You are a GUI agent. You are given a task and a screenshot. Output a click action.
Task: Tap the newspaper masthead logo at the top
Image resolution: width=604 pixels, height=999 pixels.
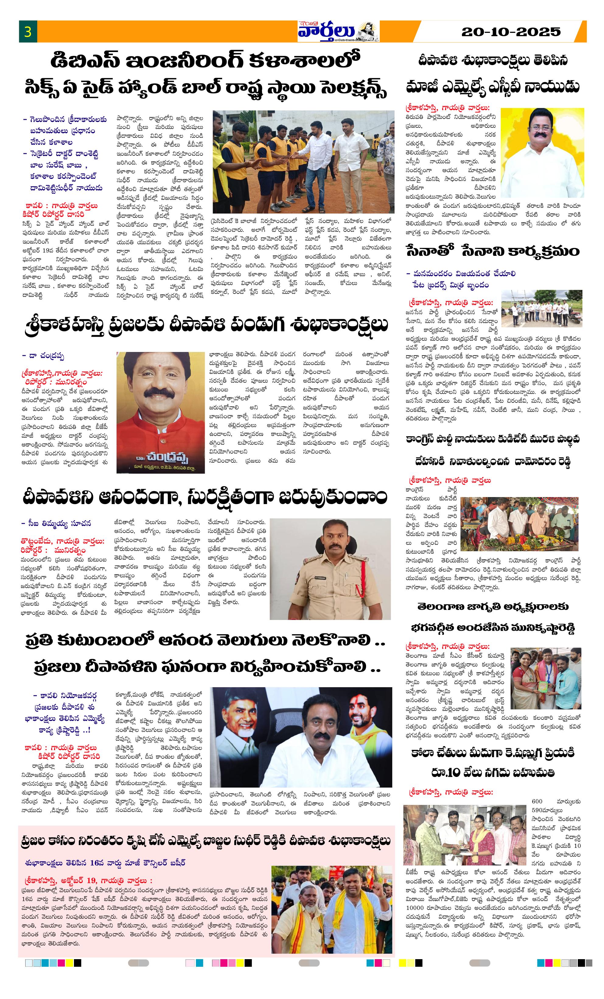tap(338, 31)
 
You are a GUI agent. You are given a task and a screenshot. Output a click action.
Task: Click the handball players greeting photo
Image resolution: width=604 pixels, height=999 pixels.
tap(303, 162)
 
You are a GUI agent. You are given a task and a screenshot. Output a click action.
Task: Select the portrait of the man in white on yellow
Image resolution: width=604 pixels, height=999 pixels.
tap(542, 152)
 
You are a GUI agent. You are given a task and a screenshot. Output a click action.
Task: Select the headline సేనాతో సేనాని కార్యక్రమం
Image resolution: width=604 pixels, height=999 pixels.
tap(493, 251)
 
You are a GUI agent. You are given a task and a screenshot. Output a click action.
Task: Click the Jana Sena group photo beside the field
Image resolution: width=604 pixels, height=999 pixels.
tap(542, 308)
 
